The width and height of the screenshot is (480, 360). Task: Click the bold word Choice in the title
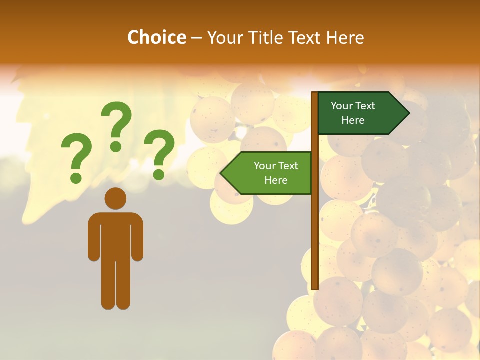click(156, 38)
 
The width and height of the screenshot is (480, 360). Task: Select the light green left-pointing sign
click(270, 173)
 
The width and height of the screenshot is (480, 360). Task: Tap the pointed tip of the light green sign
click(222, 173)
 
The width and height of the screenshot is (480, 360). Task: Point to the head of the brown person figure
click(115, 198)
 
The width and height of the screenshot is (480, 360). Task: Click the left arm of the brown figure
click(93, 237)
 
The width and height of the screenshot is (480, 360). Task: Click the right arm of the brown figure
click(138, 237)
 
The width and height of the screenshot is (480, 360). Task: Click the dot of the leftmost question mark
click(76, 178)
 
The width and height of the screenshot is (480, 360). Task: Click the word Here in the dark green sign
click(353, 120)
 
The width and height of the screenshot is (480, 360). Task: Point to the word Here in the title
click(345, 38)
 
